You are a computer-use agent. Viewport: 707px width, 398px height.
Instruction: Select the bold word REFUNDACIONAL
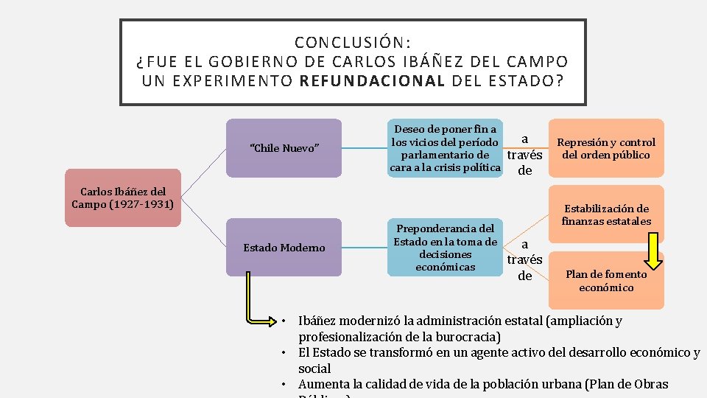tap(373, 80)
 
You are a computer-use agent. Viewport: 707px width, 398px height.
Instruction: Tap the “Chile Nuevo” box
tap(285, 148)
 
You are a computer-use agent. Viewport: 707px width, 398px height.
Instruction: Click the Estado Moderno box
tap(284, 248)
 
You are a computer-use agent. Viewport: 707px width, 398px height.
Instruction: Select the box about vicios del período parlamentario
tap(445, 148)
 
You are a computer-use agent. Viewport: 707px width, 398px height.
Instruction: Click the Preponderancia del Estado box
tap(445, 248)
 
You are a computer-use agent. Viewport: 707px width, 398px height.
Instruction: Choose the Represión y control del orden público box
tap(605, 148)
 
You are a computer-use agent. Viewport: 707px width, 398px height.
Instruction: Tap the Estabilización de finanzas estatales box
tap(605, 214)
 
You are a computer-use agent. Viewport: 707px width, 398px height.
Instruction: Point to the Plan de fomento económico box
tap(605, 280)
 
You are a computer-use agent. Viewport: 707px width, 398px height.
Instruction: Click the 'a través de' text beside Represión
tap(525, 155)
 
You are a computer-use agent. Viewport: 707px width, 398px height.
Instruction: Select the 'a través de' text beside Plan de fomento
tap(524, 260)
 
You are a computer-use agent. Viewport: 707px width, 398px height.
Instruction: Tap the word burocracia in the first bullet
tap(466, 337)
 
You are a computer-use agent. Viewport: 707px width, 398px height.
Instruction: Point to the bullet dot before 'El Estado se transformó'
tap(283, 353)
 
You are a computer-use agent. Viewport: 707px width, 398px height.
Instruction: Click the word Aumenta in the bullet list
tap(323, 384)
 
